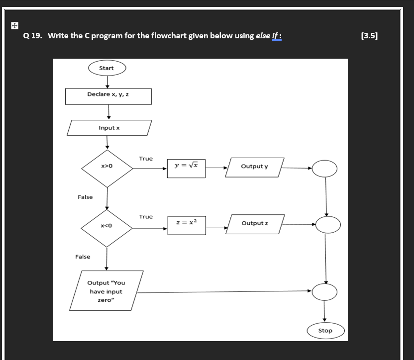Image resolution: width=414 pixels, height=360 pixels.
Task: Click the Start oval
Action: [x=107, y=68]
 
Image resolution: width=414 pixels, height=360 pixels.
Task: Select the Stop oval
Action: [x=325, y=331]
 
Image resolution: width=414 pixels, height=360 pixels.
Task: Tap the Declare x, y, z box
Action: [x=108, y=96]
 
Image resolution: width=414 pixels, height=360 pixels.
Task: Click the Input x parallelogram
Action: [x=109, y=128]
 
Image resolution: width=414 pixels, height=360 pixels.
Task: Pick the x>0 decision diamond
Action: [x=107, y=169]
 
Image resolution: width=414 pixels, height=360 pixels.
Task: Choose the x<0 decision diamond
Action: [x=106, y=228]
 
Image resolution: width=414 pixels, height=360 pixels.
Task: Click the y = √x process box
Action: [x=186, y=169]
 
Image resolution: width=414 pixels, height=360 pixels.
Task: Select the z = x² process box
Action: [x=187, y=225]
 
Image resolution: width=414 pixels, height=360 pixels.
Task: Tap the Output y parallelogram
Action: [x=255, y=168]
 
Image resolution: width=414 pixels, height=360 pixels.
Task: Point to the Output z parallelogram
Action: [x=255, y=224]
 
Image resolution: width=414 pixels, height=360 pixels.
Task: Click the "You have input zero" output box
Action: [x=106, y=290]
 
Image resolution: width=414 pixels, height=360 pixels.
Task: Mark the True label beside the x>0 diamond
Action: [x=146, y=159]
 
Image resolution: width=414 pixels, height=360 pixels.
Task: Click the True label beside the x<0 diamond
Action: [x=146, y=217]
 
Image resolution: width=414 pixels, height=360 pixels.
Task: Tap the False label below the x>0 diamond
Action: [x=85, y=197]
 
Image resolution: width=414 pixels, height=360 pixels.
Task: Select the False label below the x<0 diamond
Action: [x=83, y=257]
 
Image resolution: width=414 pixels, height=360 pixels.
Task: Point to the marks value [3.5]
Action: [x=369, y=36]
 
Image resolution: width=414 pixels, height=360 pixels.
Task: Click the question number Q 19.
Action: [x=33, y=36]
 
